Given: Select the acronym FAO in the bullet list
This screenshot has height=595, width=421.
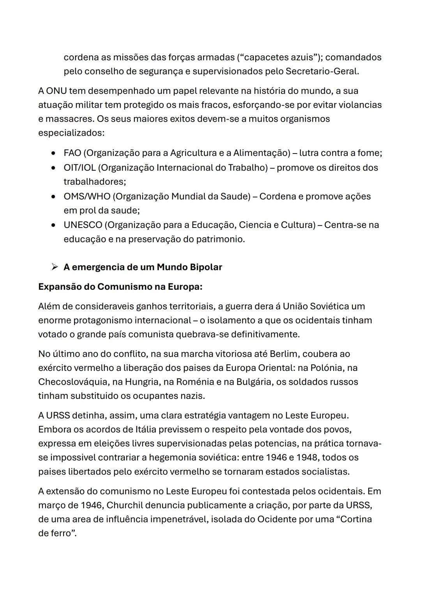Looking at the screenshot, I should (72, 153).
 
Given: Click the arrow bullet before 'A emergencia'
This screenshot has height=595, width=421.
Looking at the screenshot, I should (54, 267).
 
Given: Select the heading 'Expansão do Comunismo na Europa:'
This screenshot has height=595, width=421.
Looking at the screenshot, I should (120, 287).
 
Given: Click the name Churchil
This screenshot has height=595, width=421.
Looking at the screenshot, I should (124, 505).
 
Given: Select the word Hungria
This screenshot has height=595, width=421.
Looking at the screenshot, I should (141, 382).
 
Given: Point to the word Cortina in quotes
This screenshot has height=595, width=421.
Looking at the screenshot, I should (355, 519).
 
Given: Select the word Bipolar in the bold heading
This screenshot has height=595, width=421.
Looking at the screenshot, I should (206, 267).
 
